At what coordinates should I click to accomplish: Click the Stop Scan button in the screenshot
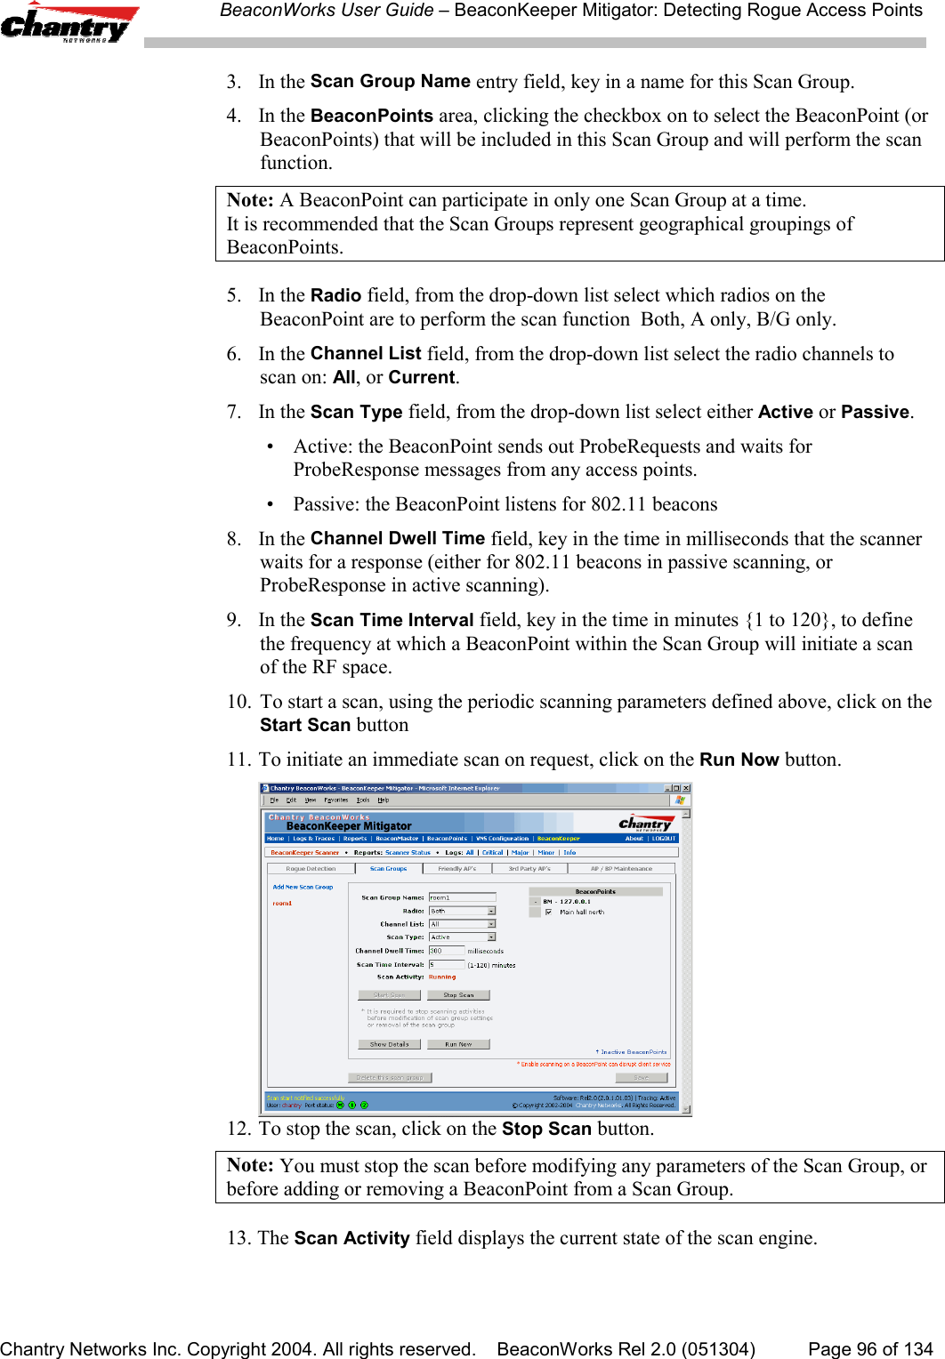(x=458, y=995)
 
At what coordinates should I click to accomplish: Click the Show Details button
(x=389, y=1044)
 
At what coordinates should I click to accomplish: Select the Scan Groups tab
(x=388, y=869)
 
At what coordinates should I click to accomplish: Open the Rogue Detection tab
(x=311, y=869)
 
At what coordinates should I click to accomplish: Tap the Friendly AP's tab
(x=456, y=869)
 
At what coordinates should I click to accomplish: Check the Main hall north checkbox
(x=548, y=912)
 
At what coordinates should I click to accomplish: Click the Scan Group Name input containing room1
(x=462, y=897)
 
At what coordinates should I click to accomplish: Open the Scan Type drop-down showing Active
(x=491, y=937)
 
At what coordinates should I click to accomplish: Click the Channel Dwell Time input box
(x=447, y=951)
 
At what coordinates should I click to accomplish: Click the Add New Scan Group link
(x=303, y=887)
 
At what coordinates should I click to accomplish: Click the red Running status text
(x=442, y=977)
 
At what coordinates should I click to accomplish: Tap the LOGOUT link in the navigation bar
(x=664, y=838)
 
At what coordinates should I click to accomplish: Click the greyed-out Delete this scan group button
(x=390, y=1077)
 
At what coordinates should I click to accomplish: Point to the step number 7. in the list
(x=234, y=412)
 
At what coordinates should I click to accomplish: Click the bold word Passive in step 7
(x=875, y=412)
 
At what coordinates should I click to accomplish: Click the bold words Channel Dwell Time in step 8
(x=397, y=539)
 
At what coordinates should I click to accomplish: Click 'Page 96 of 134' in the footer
(x=869, y=1349)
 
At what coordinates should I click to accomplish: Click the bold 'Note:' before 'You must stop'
(x=250, y=1165)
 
